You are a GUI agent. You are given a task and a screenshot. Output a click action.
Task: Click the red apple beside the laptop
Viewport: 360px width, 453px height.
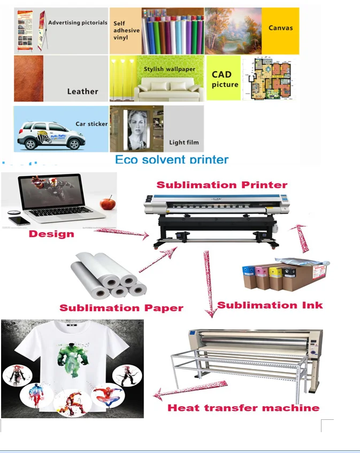[108, 204]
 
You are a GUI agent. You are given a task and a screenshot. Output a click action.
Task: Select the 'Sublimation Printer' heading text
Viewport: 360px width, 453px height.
[221, 185]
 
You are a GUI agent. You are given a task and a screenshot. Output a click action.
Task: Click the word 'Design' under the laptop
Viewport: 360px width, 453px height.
[51, 234]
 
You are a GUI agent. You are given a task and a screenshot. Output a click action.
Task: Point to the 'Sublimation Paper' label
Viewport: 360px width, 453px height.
[121, 308]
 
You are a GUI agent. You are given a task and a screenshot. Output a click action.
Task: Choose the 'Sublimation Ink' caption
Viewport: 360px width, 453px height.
[270, 305]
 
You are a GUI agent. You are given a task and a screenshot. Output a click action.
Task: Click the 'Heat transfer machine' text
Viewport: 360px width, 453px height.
[243, 408]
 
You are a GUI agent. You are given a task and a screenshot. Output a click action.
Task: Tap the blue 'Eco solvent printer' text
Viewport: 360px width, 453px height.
[172, 159]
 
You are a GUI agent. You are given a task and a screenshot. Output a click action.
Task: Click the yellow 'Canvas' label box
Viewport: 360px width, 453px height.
[281, 28]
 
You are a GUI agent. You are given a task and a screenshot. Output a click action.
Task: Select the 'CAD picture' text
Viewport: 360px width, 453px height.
[225, 80]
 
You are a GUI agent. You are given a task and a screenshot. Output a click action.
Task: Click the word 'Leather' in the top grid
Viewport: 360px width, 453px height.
[82, 91]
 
